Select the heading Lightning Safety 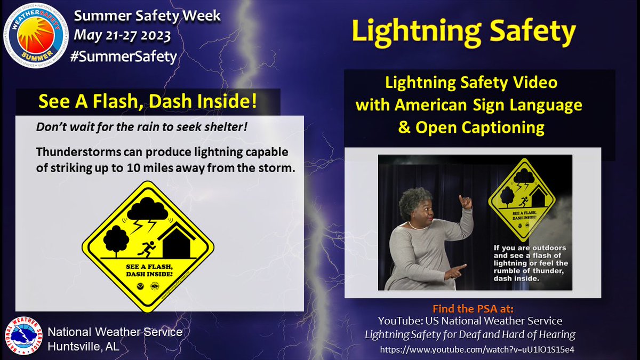463,32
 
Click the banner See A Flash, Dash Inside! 148,102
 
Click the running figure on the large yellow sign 148,247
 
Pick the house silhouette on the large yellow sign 179,242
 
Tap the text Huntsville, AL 83,346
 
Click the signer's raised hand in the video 465,202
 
